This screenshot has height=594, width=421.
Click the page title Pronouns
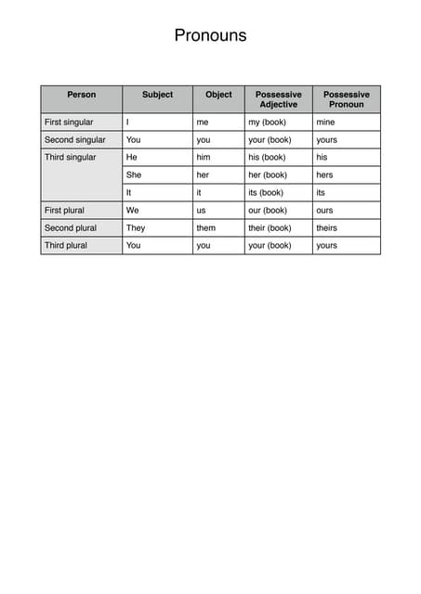click(x=210, y=36)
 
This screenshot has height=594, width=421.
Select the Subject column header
click(x=157, y=95)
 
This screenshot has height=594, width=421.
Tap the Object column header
click(x=218, y=95)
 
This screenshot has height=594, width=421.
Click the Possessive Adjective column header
click(x=278, y=99)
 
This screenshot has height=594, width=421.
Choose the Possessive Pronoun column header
click(x=346, y=99)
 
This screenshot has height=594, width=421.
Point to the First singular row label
click(x=69, y=122)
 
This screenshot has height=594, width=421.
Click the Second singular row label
click(x=74, y=139)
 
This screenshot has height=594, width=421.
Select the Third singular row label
click(x=71, y=157)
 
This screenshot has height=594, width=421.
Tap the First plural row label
click(x=64, y=210)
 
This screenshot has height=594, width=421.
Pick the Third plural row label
click(x=65, y=245)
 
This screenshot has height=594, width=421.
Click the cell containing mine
click(x=325, y=122)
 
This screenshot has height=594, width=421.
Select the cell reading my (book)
click(x=268, y=122)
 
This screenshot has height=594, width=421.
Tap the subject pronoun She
click(x=134, y=174)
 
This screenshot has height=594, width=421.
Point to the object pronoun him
click(x=204, y=157)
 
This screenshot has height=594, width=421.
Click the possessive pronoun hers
click(x=324, y=174)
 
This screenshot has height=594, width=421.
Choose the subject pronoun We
click(x=133, y=210)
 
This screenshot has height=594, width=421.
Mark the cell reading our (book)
click(x=268, y=210)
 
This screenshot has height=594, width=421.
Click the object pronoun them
click(x=205, y=227)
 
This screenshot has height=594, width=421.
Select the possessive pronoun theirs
click(x=326, y=227)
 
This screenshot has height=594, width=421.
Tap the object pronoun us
click(x=201, y=210)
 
